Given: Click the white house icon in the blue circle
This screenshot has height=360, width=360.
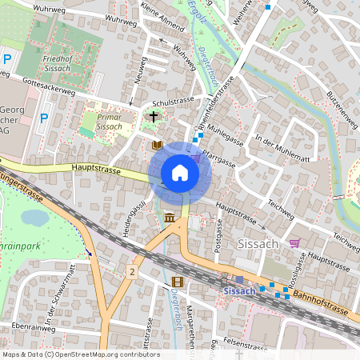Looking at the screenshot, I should click(x=180, y=173).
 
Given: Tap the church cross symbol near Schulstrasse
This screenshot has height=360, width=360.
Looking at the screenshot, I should click(x=154, y=117).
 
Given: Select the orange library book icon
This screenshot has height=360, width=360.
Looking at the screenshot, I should click(x=157, y=145).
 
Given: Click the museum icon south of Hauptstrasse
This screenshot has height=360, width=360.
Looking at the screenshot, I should click(x=170, y=218).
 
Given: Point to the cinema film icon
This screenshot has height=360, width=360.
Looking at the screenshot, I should click(x=177, y=282).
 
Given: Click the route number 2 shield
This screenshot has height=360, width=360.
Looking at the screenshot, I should click(x=131, y=273).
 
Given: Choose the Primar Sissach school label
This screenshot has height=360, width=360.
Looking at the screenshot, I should click(x=109, y=121).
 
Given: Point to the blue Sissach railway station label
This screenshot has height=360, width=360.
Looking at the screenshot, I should click(x=239, y=290).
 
